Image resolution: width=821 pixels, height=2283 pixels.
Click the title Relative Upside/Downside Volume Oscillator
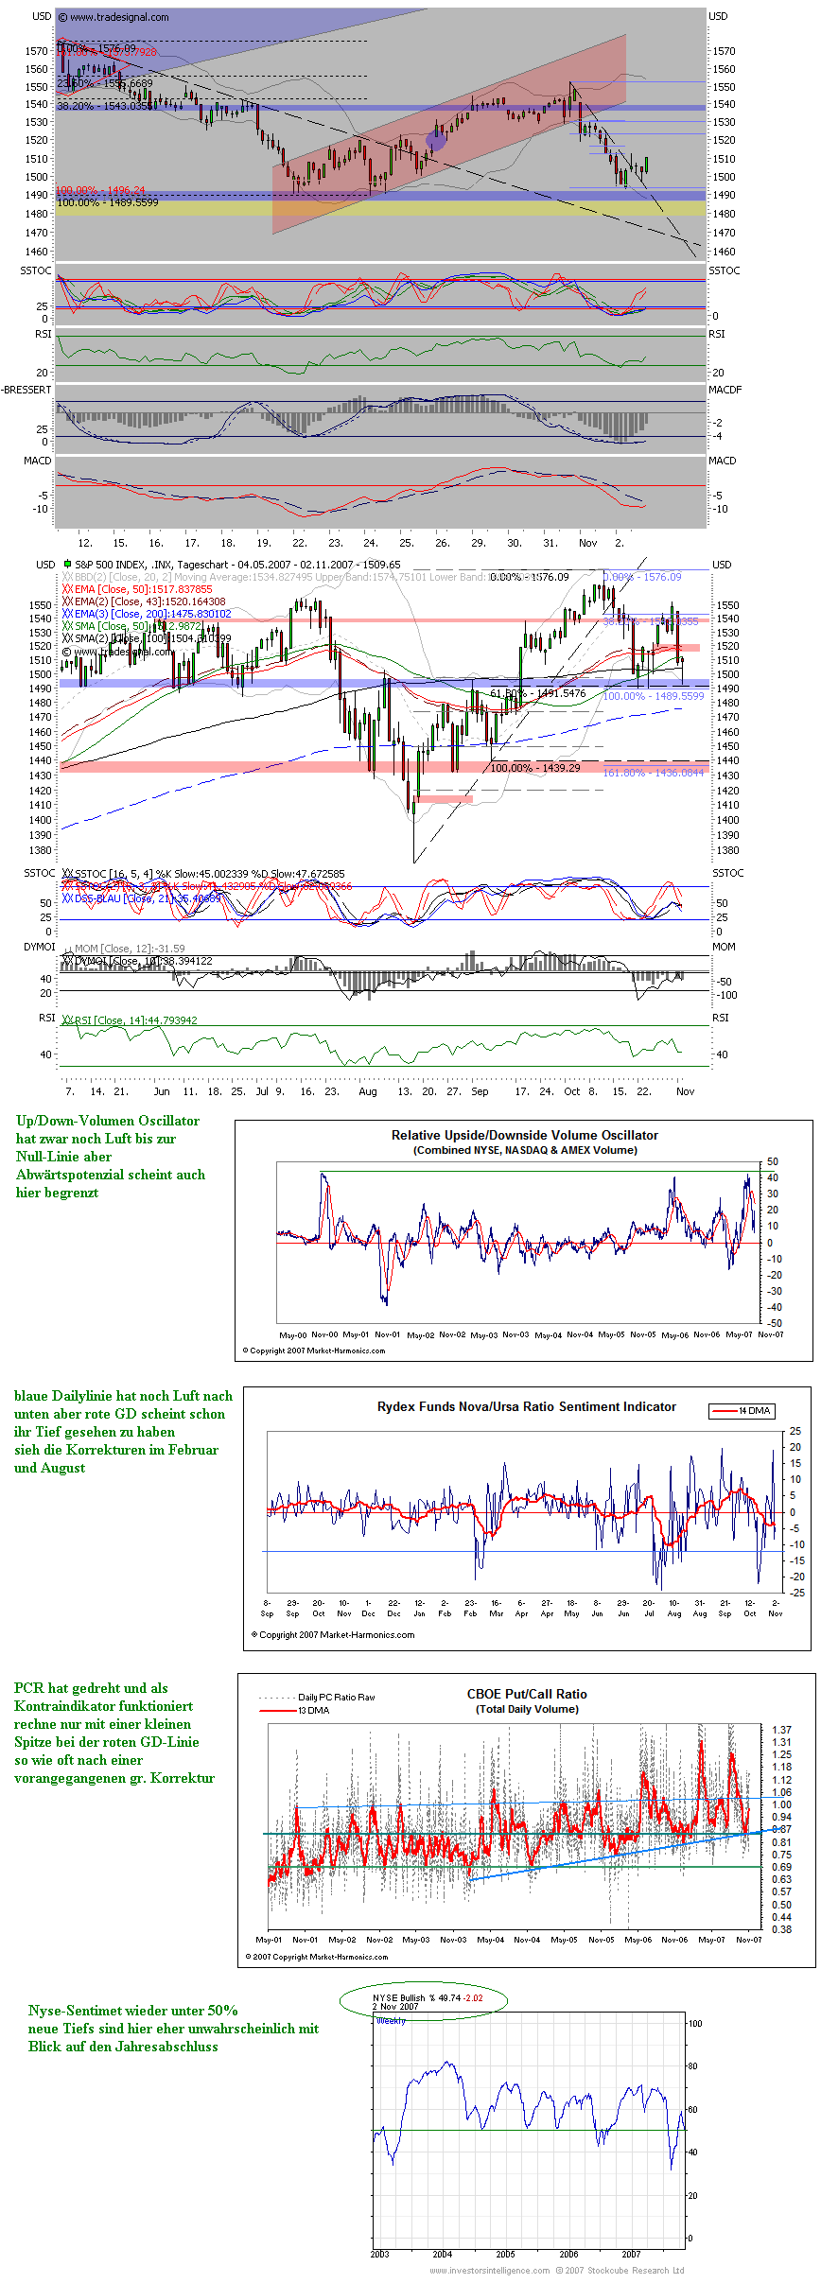click(524, 1135)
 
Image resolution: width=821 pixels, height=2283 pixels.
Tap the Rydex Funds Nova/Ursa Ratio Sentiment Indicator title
click(526, 1406)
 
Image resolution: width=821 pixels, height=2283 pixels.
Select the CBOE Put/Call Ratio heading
click(527, 1694)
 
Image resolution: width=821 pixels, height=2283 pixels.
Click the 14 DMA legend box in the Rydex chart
click(743, 1411)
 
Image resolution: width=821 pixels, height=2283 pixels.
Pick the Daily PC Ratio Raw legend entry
click(336, 1697)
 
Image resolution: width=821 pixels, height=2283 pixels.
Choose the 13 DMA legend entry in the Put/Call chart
click(313, 1710)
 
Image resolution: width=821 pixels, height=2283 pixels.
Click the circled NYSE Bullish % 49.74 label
click(427, 1998)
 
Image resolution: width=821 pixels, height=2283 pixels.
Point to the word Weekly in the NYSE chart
click(391, 2020)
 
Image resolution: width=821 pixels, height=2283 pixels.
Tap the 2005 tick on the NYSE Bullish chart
click(505, 2254)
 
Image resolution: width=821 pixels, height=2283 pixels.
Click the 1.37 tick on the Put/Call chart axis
click(781, 1729)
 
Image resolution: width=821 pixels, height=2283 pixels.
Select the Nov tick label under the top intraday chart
click(587, 543)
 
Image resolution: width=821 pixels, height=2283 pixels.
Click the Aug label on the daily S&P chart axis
click(368, 1091)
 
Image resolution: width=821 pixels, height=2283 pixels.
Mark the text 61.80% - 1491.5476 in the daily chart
click(537, 693)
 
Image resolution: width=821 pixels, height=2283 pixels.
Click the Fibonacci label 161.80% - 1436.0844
click(654, 773)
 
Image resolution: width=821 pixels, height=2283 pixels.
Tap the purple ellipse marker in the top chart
click(436, 140)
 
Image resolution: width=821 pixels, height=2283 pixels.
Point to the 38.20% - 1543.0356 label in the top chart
click(104, 106)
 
